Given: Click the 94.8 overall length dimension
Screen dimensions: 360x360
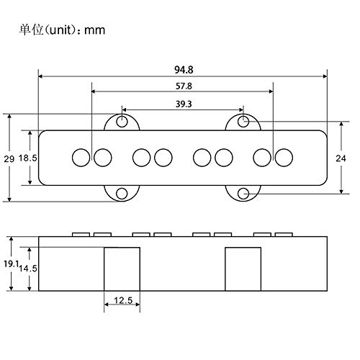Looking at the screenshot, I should (x=183, y=69).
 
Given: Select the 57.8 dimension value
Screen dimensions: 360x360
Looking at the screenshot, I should (x=183, y=86).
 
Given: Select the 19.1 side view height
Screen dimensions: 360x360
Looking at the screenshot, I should (x=8, y=264).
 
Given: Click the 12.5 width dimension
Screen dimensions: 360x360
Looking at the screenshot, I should (x=122, y=300).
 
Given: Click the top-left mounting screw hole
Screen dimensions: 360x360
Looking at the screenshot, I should (x=123, y=120).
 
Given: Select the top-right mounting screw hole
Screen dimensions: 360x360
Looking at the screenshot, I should (x=244, y=120).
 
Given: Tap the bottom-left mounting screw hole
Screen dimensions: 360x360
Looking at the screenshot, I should (x=123, y=194).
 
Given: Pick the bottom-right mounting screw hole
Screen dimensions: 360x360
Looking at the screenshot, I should (x=244, y=194).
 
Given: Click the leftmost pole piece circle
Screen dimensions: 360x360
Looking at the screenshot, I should (x=81, y=156).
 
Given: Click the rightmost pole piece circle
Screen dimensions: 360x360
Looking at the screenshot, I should (x=284, y=156).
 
